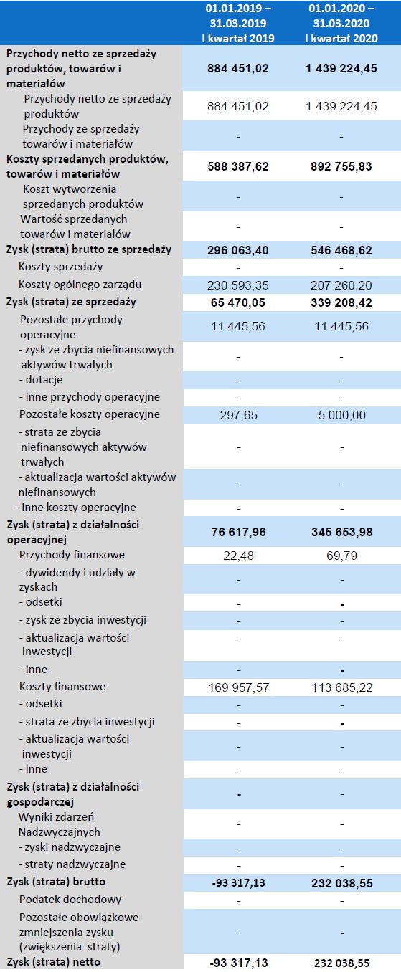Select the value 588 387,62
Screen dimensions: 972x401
pos(237,166)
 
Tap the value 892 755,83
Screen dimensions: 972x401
pos(341,166)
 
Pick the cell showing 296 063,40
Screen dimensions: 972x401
pos(237,249)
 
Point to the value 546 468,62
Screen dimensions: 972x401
pos(341,249)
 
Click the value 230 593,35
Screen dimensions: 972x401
pos(237,285)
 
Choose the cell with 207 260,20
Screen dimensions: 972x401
pos(341,285)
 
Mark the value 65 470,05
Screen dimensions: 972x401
pos(237,302)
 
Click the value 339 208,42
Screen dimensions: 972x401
pos(341,302)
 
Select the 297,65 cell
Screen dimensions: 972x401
pos(237,415)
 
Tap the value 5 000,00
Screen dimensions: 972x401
pos(341,415)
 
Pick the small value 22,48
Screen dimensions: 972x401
pos(237,556)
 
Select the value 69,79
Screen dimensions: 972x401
pos(341,556)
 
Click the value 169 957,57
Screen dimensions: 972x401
pos(237,687)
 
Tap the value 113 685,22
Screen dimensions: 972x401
pos(341,687)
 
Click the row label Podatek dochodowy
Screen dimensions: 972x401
pos(70,899)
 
